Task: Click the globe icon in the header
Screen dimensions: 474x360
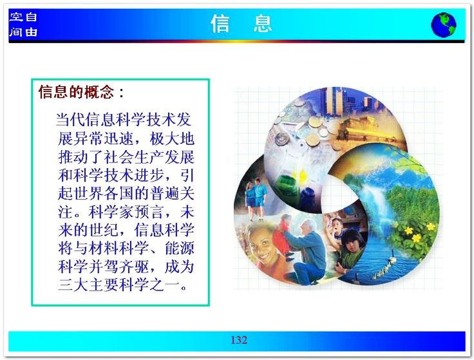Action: (444, 24)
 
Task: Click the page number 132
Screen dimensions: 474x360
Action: (239, 340)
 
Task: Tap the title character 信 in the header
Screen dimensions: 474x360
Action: (220, 24)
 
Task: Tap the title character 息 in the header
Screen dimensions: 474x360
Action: (263, 24)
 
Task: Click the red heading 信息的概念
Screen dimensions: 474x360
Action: (77, 92)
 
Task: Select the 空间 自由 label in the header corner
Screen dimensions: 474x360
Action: (23, 24)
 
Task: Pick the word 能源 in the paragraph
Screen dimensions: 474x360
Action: (180, 249)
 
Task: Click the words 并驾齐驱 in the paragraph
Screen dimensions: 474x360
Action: (118, 267)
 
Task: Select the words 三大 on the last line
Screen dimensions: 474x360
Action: (73, 285)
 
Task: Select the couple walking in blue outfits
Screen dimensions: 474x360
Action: (256, 198)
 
